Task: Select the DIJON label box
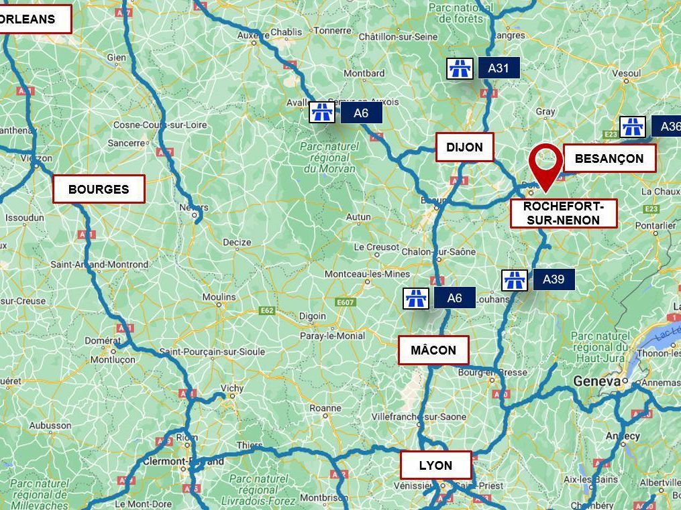click(x=464, y=147)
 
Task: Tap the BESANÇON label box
click(x=609, y=159)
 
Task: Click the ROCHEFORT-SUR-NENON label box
click(x=563, y=213)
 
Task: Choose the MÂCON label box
click(x=433, y=350)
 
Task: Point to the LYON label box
click(x=435, y=465)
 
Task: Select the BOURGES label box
click(x=99, y=190)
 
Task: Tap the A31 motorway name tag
click(x=499, y=68)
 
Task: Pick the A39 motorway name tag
click(x=554, y=279)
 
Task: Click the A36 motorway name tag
click(x=668, y=127)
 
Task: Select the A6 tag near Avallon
click(x=361, y=113)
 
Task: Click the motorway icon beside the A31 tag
click(x=460, y=68)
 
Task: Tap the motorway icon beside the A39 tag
click(x=515, y=280)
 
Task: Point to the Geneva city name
click(x=596, y=381)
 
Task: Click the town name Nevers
click(x=194, y=207)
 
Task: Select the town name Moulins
click(x=219, y=297)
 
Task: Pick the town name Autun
click(x=358, y=217)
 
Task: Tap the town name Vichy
click(x=232, y=388)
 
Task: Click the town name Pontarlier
click(x=656, y=226)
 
